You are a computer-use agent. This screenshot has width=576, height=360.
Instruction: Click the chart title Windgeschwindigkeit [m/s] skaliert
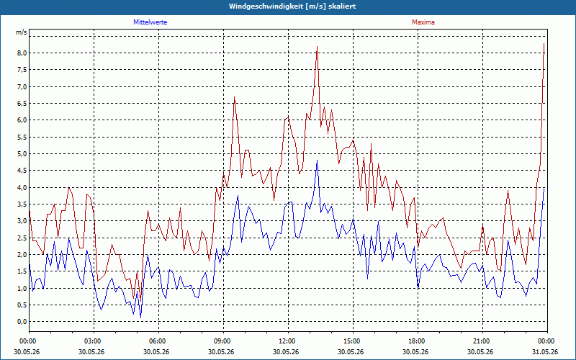coord(292,6)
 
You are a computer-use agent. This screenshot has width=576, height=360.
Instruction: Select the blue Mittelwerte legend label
coord(150,22)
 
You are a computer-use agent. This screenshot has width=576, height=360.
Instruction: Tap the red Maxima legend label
coord(423,22)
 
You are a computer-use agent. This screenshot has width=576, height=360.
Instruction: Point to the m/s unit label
coord(21,32)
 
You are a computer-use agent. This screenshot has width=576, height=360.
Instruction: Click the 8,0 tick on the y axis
coord(22,53)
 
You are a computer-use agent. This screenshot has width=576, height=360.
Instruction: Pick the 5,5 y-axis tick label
coord(22,137)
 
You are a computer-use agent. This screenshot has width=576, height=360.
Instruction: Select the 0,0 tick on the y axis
coord(22,321)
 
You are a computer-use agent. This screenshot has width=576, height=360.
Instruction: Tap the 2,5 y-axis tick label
coord(22,238)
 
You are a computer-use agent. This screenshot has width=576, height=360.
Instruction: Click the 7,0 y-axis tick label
coord(22,86)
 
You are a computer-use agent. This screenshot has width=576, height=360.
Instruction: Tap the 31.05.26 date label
coord(545,351)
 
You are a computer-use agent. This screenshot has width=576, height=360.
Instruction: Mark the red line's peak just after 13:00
coord(317,47)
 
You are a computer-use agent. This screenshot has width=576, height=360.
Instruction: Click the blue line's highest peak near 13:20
coord(317,161)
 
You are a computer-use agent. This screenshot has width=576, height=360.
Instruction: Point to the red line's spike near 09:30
coord(235,97)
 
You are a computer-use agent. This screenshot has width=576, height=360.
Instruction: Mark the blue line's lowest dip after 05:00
coord(140,318)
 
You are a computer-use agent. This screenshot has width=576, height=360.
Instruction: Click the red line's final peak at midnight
coord(544,44)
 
